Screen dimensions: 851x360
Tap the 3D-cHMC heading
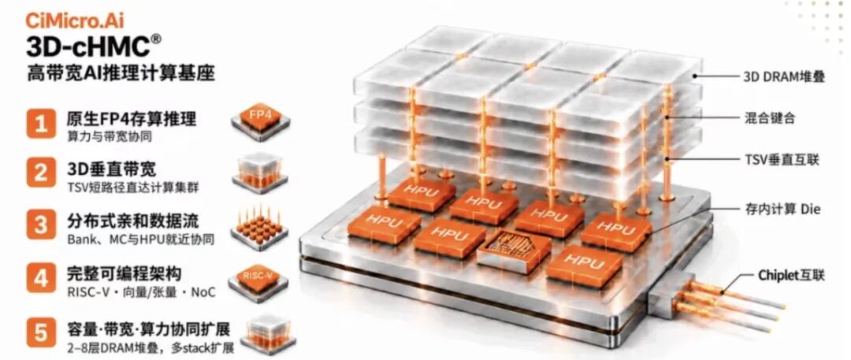88,46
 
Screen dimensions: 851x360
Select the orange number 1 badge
41,124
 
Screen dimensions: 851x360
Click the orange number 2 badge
41,174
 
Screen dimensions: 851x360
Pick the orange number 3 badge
41,225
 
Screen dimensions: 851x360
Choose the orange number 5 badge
41,331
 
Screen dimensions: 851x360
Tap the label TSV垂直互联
780,160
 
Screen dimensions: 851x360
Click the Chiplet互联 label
791,275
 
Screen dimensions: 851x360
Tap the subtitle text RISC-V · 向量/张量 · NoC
141,292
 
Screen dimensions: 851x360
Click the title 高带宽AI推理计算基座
121,73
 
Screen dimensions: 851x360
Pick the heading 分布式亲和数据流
132,221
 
